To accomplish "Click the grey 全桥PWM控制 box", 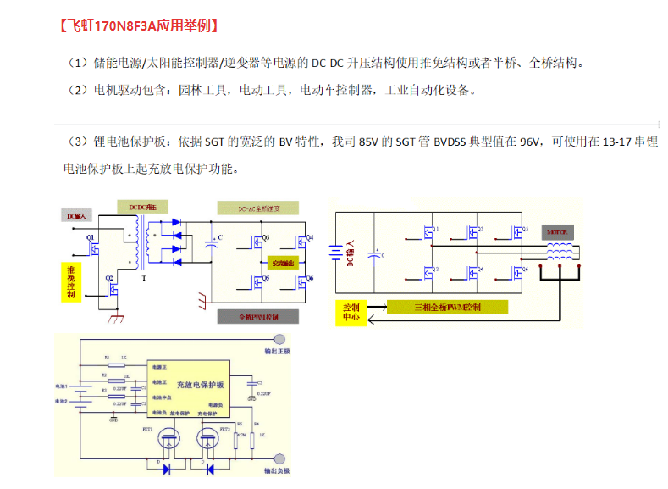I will [258, 316].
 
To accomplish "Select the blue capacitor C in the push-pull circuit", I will [211, 244].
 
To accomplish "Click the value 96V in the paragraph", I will [529, 142].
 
